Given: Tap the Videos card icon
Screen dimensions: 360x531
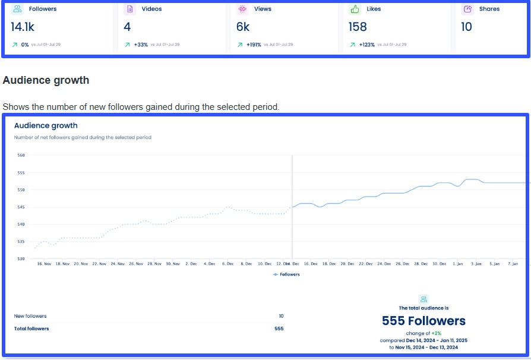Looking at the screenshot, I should pos(129,9).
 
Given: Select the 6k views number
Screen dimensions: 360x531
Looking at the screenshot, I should pos(243,27).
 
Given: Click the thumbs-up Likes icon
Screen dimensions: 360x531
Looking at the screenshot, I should pos(355,9).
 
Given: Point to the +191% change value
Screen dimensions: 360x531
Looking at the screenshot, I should pos(254,45).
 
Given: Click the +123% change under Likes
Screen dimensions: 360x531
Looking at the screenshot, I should pos(366,45).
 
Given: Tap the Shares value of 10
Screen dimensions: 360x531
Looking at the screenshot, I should pos(467,27).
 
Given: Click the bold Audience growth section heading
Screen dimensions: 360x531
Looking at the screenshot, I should pos(46,80).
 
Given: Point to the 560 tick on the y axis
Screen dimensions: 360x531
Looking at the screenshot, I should pos(21,155).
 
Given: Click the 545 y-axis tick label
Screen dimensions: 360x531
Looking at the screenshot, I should pos(21,207).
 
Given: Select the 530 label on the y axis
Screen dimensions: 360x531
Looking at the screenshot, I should pos(21,259).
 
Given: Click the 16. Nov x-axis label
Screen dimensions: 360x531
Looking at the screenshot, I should pos(45,264).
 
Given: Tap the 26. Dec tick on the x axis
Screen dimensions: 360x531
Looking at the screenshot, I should pos(403,264).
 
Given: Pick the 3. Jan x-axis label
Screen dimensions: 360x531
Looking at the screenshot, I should pos(477,264).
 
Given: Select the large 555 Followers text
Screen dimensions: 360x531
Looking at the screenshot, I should pos(423,321).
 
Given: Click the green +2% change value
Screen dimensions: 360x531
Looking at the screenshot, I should pos(437,333).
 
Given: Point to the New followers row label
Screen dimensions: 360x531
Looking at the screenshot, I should pos(30,316).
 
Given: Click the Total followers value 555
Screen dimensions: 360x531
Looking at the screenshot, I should pos(279,329).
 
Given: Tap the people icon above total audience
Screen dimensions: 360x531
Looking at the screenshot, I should pos(423,299).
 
